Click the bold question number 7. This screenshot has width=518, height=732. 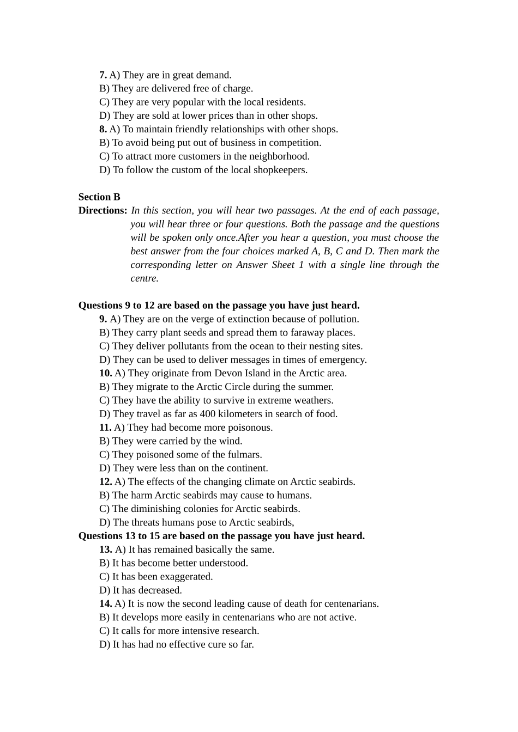[103, 75]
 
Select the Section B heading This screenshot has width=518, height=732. [99, 197]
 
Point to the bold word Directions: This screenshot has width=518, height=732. [103, 211]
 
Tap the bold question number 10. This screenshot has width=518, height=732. [105, 373]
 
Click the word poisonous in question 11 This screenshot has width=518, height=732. [252, 428]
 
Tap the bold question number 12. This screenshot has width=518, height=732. [105, 481]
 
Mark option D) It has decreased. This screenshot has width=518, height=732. [141, 590]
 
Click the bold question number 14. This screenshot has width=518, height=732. [105, 603]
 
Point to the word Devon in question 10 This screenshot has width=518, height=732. [227, 373]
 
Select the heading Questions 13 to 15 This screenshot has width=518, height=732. [221, 536]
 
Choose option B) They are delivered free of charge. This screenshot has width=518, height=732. [176, 89]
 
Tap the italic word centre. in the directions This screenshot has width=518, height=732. [144, 278]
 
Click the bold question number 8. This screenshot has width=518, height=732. [103, 129]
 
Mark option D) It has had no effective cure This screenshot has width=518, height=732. [177, 644]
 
